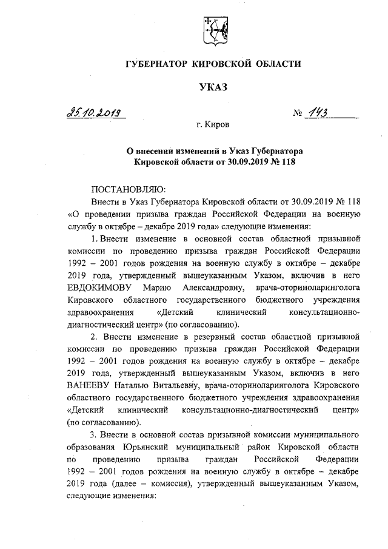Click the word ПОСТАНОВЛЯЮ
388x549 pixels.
point(124,189)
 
